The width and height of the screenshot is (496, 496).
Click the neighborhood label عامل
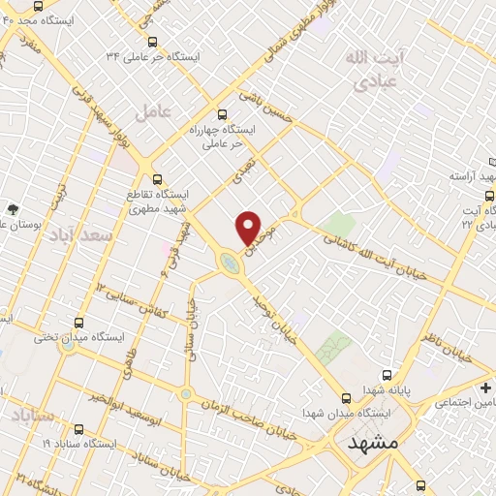tap(153, 112)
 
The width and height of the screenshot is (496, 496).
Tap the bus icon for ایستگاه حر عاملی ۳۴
tap(153, 41)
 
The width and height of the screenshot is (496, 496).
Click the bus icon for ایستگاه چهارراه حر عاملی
tap(222, 113)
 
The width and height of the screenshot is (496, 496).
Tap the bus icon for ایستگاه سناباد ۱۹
tap(77, 428)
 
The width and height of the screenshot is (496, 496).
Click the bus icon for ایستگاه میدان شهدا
tap(347, 397)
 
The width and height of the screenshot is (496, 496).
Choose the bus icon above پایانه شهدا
tap(387, 374)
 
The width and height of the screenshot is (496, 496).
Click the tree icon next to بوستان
tap(12, 208)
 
